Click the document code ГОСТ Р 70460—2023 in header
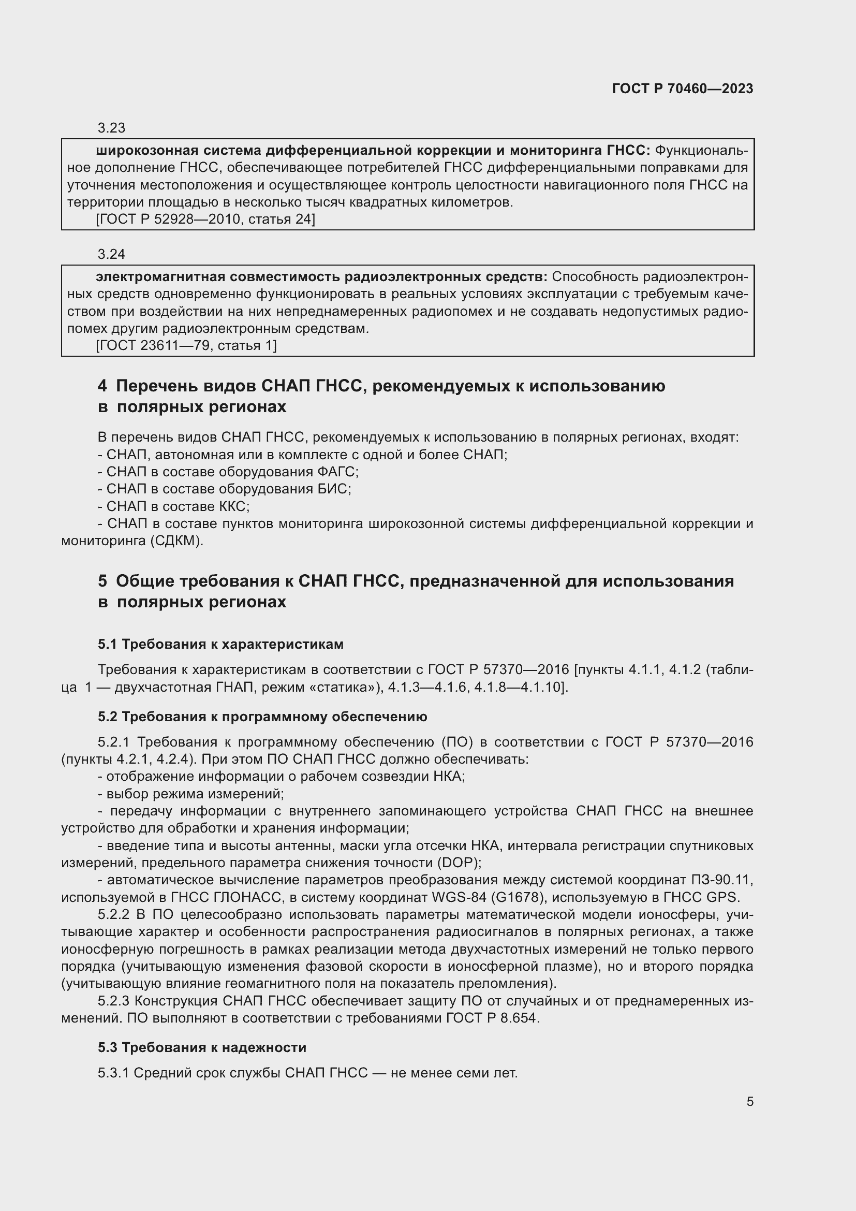click(x=682, y=89)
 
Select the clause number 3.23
click(x=111, y=128)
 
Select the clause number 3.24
click(x=111, y=254)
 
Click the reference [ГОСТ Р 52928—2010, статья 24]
click(x=205, y=220)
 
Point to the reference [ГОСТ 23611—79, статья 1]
click(x=186, y=346)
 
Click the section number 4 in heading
click(x=102, y=387)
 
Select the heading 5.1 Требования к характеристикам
click(x=220, y=644)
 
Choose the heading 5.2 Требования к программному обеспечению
click(x=262, y=717)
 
